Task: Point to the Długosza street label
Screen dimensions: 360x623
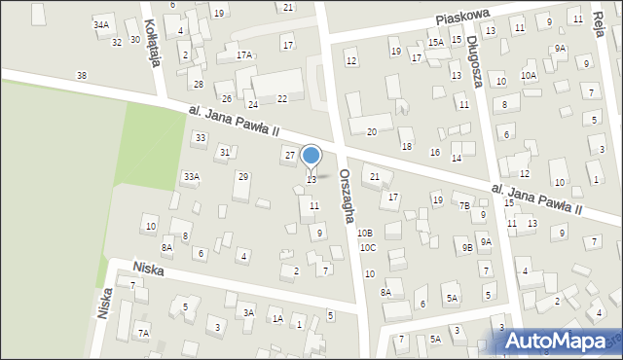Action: (474, 53)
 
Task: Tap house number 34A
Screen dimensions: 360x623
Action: (101, 23)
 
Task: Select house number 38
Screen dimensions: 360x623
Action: (81, 76)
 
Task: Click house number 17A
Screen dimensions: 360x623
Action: (243, 55)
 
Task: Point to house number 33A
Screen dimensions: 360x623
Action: (192, 176)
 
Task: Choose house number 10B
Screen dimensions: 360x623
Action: (364, 234)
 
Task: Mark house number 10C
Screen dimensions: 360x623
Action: (367, 248)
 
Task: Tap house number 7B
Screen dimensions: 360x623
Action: (465, 205)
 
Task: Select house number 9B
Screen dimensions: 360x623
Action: (467, 247)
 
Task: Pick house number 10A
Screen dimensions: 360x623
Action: (529, 75)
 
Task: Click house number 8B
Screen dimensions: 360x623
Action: (184, 235)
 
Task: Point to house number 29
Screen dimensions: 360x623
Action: (243, 176)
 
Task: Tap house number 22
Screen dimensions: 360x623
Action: (282, 98)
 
